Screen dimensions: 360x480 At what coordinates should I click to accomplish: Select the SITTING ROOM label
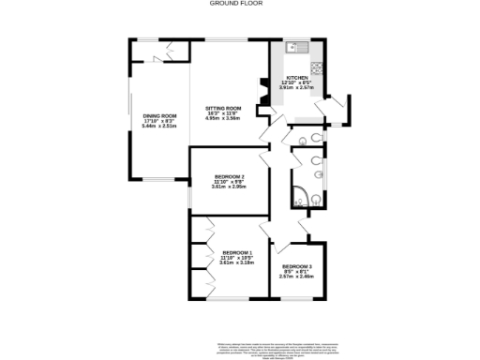coord(223,109)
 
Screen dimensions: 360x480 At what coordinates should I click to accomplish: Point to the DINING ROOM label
coord(159,115)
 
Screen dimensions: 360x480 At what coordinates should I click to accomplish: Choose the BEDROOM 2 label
coord(229,176)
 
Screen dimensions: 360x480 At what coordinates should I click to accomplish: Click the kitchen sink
coord(292,46)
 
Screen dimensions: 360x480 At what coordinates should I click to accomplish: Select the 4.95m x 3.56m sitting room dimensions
coord(223,119)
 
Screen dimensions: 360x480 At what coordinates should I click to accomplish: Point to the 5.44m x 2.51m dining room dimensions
coord(159,126)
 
